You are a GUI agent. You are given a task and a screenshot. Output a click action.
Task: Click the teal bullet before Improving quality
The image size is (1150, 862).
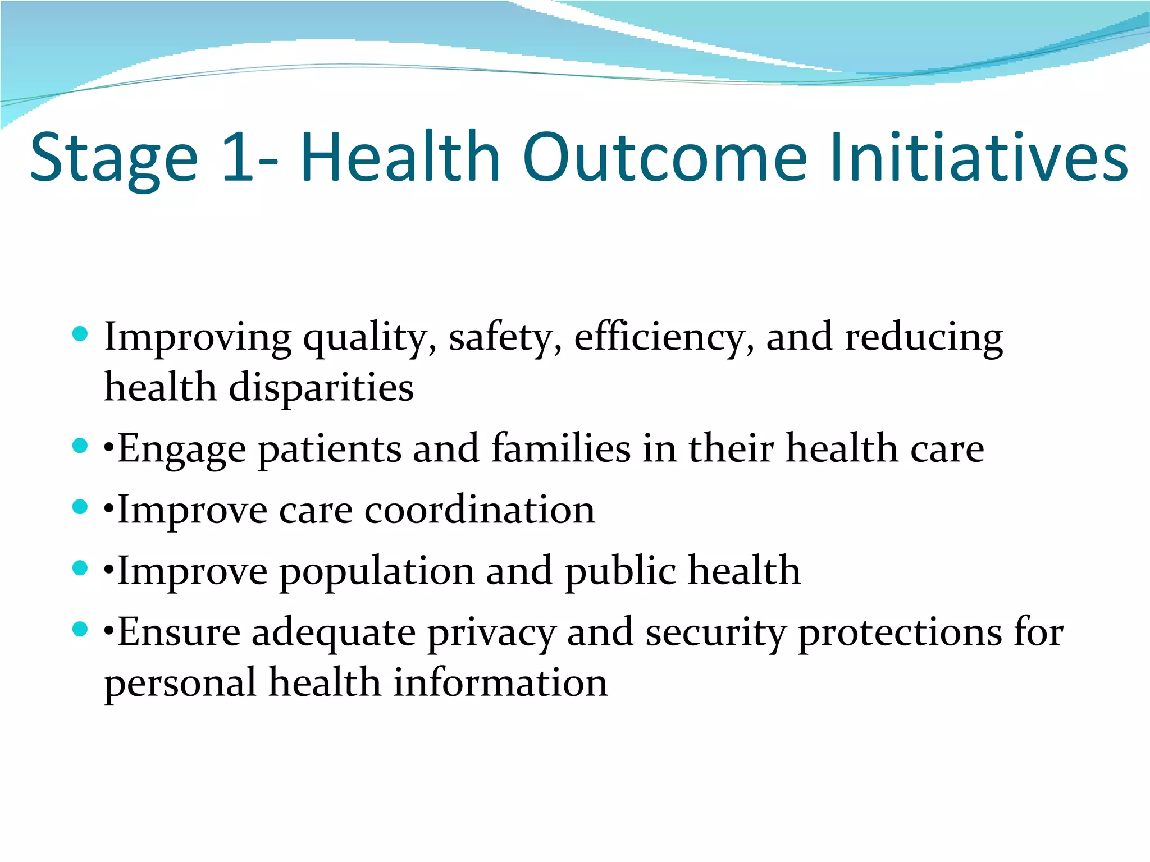tap(80, 334)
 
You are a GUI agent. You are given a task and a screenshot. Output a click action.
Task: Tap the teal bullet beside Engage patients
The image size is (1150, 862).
tap(80, 446)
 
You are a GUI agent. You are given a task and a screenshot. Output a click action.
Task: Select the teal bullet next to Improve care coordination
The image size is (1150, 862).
tap(80, 507)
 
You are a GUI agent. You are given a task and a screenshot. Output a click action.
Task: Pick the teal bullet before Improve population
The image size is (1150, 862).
tap(80, 568)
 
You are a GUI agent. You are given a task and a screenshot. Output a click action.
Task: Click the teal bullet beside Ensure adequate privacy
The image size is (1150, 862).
tap(80, 629)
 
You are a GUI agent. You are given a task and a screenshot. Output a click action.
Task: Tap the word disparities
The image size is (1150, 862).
tap(321, 388)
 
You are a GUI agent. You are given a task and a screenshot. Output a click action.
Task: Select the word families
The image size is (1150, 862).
tap(560, 448)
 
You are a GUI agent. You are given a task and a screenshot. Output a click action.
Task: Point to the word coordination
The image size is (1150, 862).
tap(480, 510)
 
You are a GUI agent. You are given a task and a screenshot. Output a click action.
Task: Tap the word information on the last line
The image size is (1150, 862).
tap(500, 683)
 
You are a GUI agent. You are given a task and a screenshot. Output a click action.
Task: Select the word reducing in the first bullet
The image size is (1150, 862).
tap(924, 338)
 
